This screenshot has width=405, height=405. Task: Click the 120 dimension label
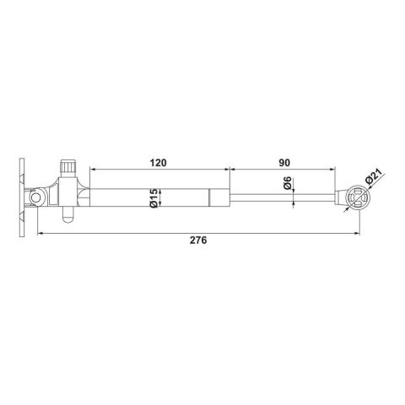tap(159, 160)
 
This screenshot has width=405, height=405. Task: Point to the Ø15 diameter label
tap(154, 198)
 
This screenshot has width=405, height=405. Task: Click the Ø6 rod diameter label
tap(289, 185)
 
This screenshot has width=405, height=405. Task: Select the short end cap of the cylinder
tap(219, 199)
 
